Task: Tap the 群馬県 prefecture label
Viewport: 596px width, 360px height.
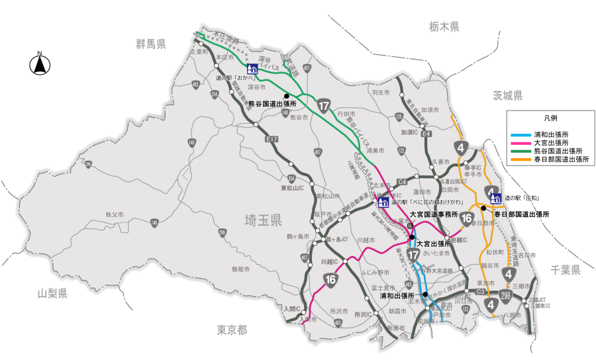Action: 151,44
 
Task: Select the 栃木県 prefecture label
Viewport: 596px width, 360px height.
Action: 443,27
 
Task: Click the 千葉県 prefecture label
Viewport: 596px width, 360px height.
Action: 566,269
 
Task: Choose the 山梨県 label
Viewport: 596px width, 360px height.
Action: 52,293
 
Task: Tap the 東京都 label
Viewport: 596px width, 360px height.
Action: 232,329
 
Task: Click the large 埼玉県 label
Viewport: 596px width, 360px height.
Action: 263,220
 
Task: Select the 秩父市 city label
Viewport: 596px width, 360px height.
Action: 115,215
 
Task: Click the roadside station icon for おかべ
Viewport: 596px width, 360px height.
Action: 252,69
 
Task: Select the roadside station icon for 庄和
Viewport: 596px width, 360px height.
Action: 495,197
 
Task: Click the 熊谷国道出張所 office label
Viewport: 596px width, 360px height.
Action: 272,104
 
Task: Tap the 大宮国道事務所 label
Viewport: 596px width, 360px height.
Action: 433,214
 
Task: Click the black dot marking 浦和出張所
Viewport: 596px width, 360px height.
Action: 425,294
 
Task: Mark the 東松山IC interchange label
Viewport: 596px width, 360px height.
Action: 291,188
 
